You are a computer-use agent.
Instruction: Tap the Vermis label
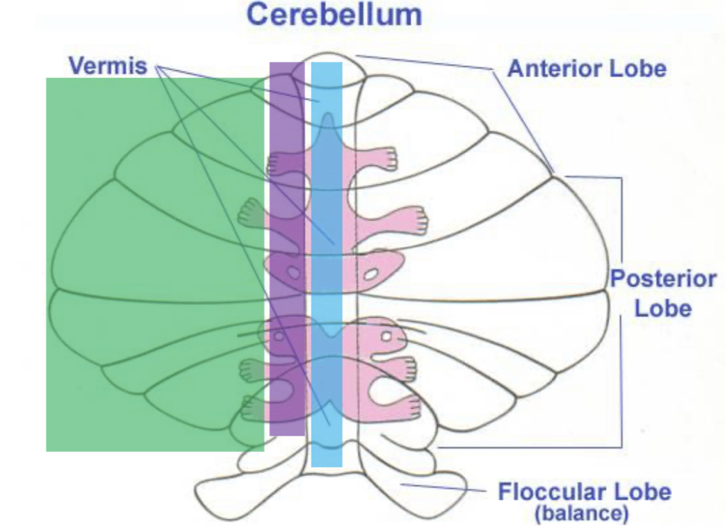pos(108,66)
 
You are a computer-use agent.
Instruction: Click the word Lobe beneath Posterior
pos(663,308)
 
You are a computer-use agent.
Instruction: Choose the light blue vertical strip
pos(327,264)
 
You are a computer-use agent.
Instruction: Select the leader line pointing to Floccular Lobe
pos(445,487)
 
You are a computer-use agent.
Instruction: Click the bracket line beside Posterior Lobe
pos(621,306)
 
